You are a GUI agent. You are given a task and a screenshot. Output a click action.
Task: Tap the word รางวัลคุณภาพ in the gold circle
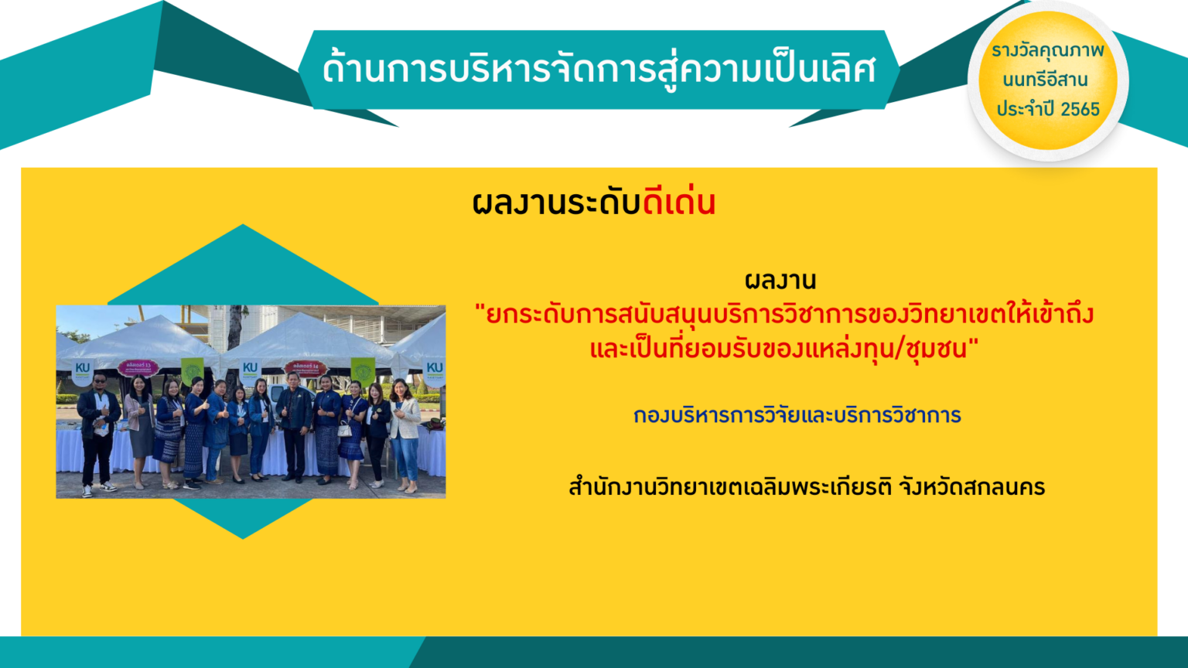pos(1047,51)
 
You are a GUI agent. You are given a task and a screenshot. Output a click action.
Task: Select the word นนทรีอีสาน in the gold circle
pos(1046,80)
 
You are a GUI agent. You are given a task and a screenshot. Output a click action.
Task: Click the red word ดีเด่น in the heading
pos(679,203)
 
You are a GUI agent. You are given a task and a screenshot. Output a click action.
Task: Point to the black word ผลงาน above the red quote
pos(780,281)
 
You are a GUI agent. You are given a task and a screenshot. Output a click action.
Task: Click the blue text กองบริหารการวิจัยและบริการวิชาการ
pos(797,415)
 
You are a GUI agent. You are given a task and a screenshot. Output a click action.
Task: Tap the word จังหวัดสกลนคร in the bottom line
pos(972,487)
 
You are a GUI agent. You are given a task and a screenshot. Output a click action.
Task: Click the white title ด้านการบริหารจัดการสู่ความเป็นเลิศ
pos(599,70)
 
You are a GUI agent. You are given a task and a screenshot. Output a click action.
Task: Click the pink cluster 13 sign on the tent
pos(138,367)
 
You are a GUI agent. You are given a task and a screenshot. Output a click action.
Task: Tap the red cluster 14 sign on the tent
pos(306,367)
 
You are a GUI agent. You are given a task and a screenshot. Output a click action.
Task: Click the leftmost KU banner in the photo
pos(83,372)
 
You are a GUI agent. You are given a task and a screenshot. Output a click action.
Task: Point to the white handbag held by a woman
pos(345,429)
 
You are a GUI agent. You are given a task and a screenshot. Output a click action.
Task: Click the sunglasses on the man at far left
pos(99,380)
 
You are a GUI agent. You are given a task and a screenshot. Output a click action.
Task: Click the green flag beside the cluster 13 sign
pos(192,371)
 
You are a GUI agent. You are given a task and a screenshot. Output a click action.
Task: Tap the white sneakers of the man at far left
pos(99,489)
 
